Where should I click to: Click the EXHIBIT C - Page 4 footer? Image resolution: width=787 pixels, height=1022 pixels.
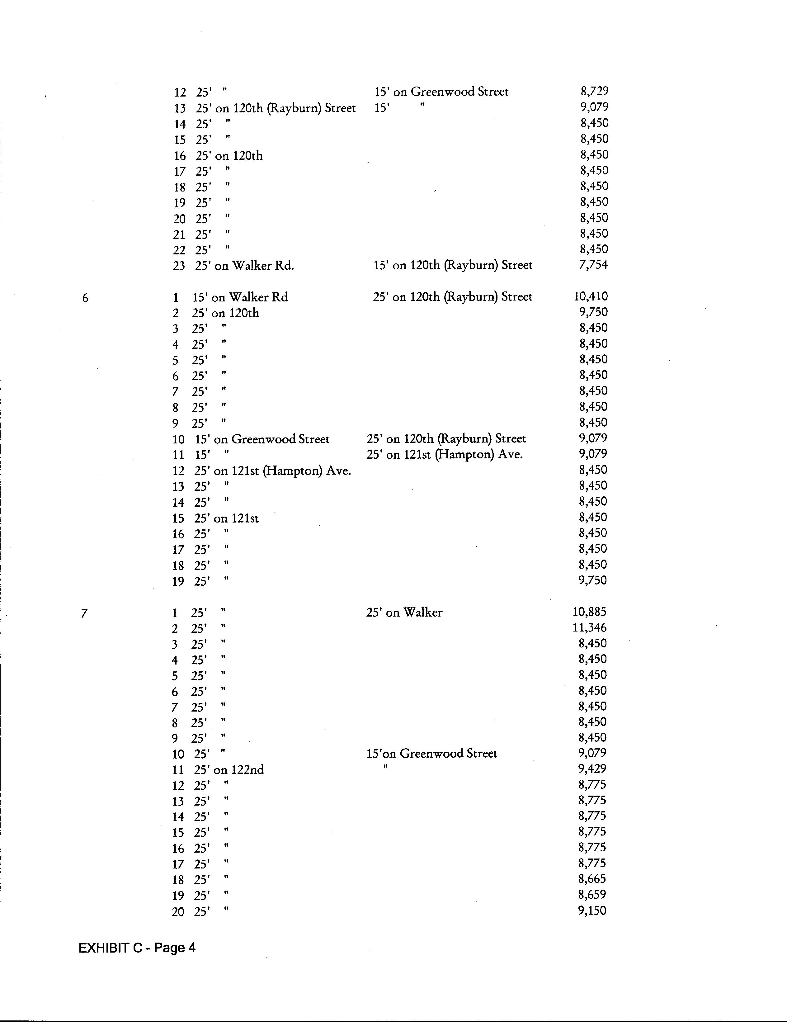pos(137,948)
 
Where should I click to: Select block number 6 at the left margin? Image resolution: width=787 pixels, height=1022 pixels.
pos(85,298)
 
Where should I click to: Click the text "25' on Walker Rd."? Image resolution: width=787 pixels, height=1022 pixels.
pos(245,266)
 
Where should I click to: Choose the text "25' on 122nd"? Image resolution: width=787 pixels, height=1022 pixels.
pos(229,770)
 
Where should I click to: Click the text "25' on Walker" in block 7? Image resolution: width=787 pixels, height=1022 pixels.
pos(404,613)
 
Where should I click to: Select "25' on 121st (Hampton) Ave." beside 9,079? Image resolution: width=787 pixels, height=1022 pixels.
pos(445,454)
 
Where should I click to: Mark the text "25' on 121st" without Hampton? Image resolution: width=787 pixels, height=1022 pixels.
pos(226,518)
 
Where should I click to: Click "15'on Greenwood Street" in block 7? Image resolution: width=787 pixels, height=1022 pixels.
pos(431,753)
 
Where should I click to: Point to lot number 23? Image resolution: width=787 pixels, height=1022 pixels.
pos(179,266)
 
